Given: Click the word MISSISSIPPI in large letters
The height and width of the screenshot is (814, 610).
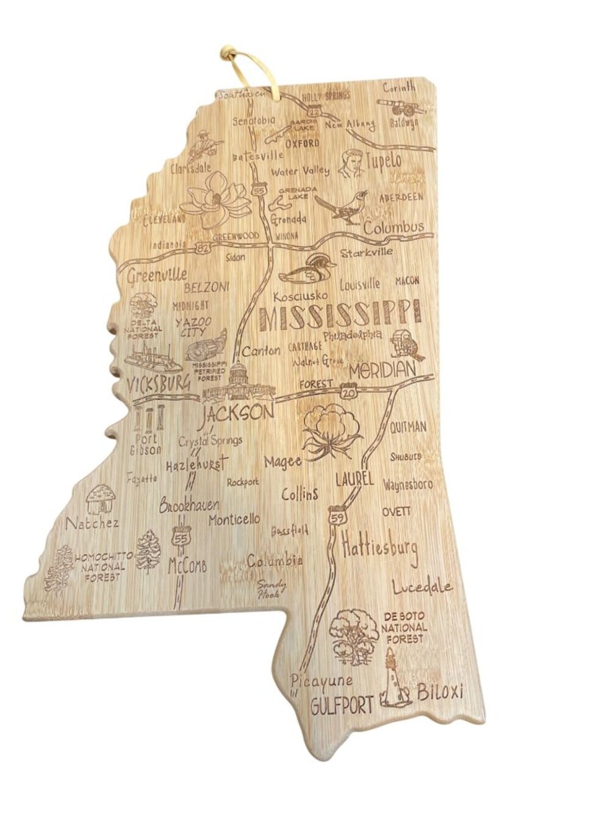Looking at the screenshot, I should tap(339, 315).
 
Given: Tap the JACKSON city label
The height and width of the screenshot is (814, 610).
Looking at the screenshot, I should tap(237, 414).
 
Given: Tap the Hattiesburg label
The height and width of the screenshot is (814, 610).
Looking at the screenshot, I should tap(380, 545).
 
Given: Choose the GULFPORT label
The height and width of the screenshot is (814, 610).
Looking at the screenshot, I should tap(341, 707).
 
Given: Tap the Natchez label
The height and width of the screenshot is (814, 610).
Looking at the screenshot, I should tap(92, 523).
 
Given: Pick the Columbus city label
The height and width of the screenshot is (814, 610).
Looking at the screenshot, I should tap(393, 227).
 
